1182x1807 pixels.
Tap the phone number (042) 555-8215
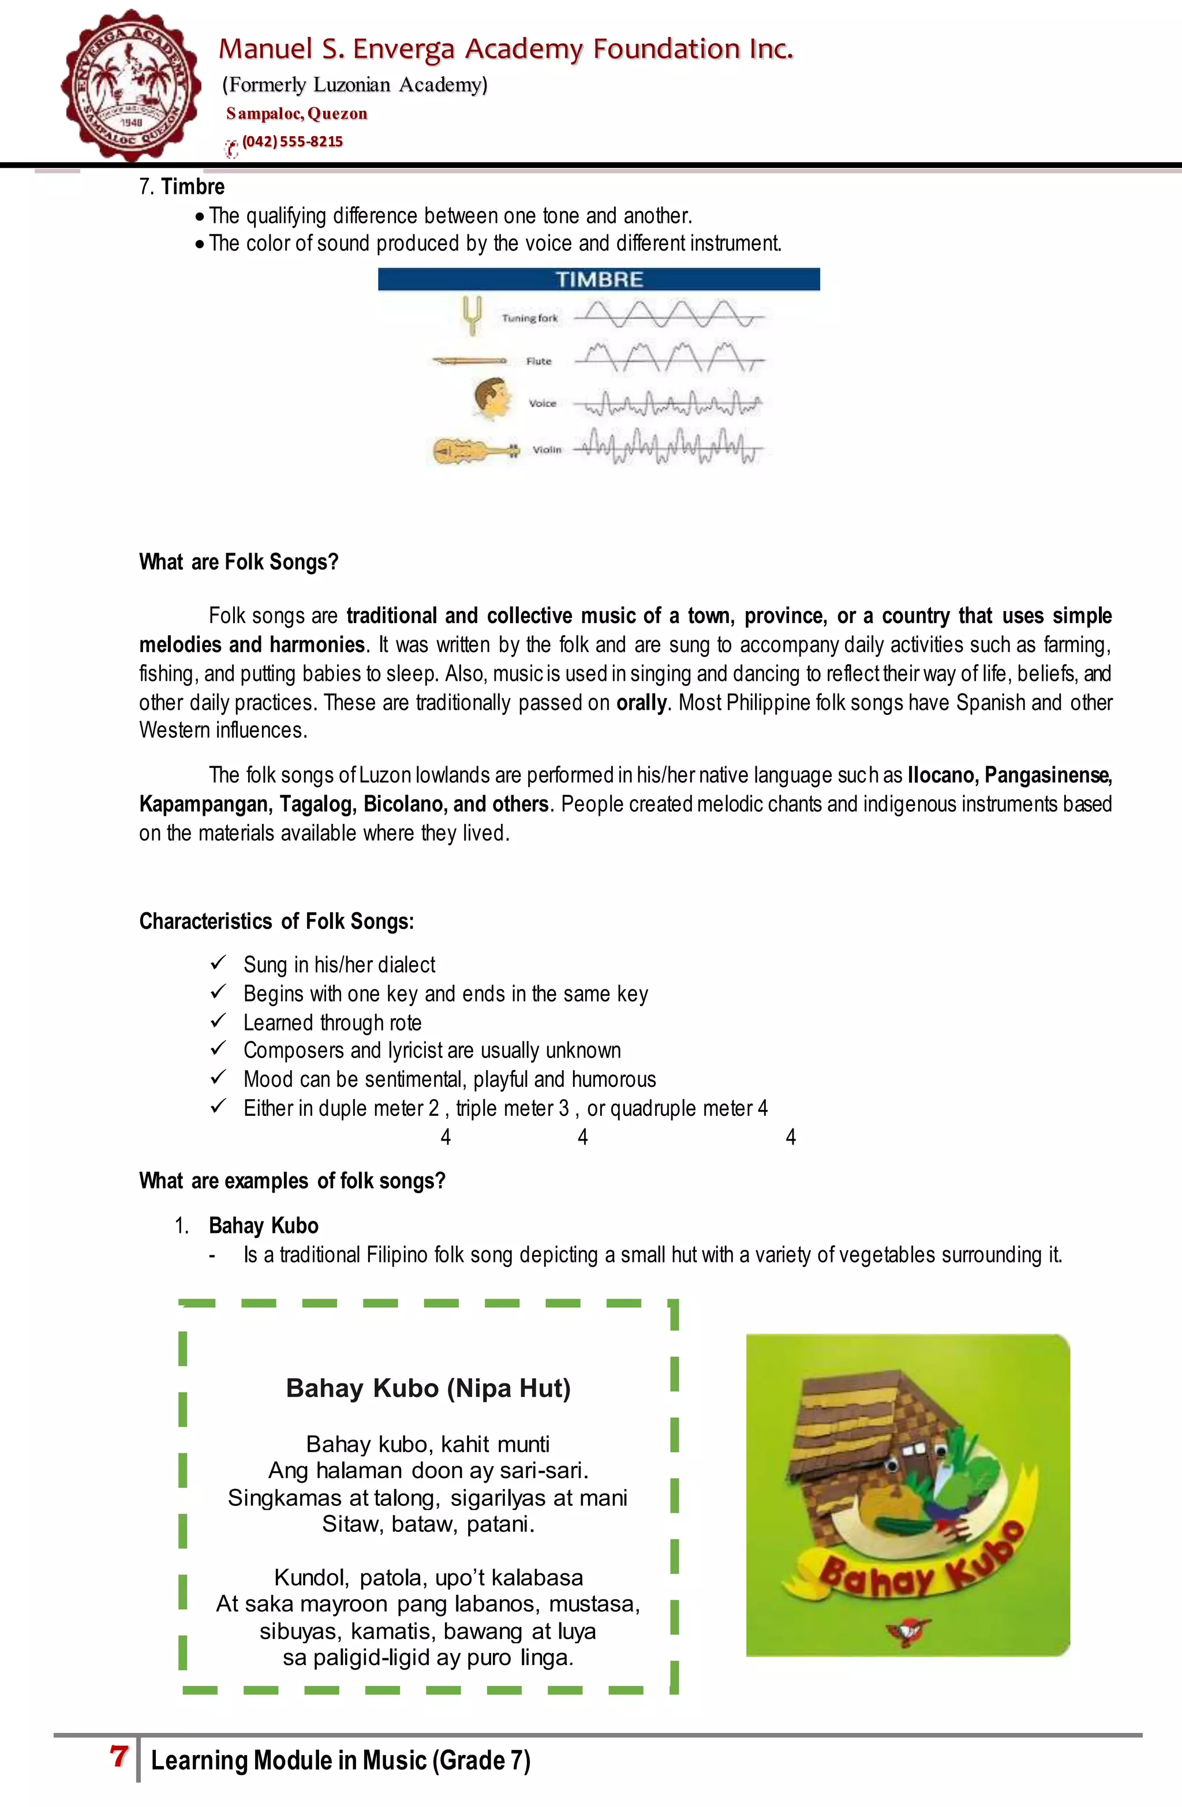click(x=293, y=142)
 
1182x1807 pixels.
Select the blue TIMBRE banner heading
click(x=599, y=279)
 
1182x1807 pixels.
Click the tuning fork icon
click(x=472, y=315)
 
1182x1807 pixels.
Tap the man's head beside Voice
click(x=489, y=399)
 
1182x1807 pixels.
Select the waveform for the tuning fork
click(x=668, y=313)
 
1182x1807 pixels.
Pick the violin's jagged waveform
click(x=668, y=448)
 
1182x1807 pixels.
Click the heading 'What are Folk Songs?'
click(x=238, y=562)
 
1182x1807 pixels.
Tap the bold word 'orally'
click(x=641, y=702)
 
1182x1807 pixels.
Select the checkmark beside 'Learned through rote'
click(x=218, y=1021)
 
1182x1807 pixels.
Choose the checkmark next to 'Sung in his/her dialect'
click(x=218, y=963)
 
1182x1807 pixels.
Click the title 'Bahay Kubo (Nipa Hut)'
click(x=428, y=1388)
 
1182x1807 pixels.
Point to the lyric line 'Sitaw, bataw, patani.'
click(x=428, y=1524)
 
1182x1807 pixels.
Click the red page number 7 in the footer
click(x=118, y=1757)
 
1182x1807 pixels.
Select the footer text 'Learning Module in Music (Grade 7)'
click(x=341, y=1760)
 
